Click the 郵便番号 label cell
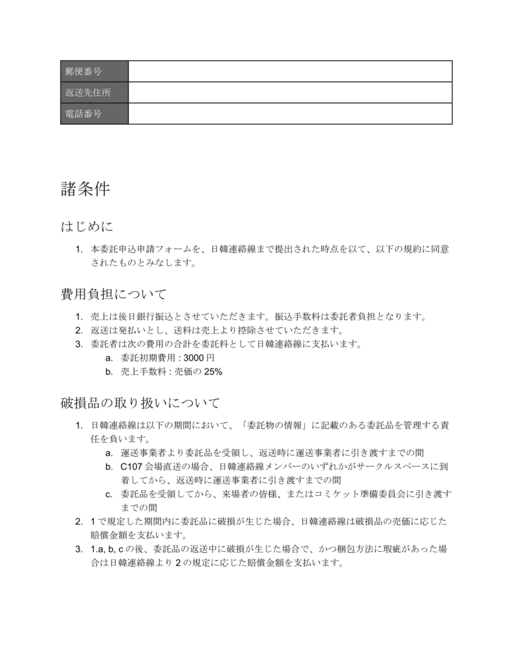pos(94,71)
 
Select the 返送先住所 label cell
pos(94,93)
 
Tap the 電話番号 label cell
pos(94,113)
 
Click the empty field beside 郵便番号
pos(290,71)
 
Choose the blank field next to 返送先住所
pos(290,93)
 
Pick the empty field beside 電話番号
pos(290,113)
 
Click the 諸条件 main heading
pos(85,189)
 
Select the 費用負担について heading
pos(113,295)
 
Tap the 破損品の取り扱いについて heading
pos(140,403)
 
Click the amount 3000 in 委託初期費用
pos(194,358)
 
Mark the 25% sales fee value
pos(213,372)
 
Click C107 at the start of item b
pos(132,466)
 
